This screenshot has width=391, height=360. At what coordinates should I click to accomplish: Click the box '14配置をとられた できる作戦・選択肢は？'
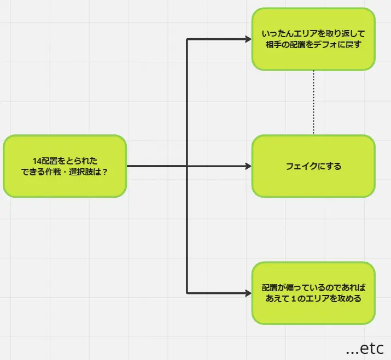point(65,166)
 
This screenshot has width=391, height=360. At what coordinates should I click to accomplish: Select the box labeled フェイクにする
point(313,166)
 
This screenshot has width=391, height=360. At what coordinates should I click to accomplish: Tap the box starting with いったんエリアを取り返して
point(313,39)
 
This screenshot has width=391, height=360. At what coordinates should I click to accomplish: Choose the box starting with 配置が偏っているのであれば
point(313,293)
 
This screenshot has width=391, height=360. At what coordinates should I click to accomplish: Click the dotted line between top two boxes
point(313,102)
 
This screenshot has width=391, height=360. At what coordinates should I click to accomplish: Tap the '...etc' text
point(365,348)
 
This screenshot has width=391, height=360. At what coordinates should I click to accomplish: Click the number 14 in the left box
point(37,161)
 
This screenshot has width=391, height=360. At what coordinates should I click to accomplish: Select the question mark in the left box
point(104,172)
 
